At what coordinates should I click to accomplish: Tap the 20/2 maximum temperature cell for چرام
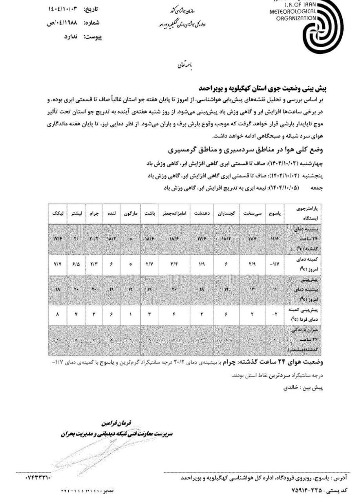coord(93,239)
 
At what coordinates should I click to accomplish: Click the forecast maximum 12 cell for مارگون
coord(130,290)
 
